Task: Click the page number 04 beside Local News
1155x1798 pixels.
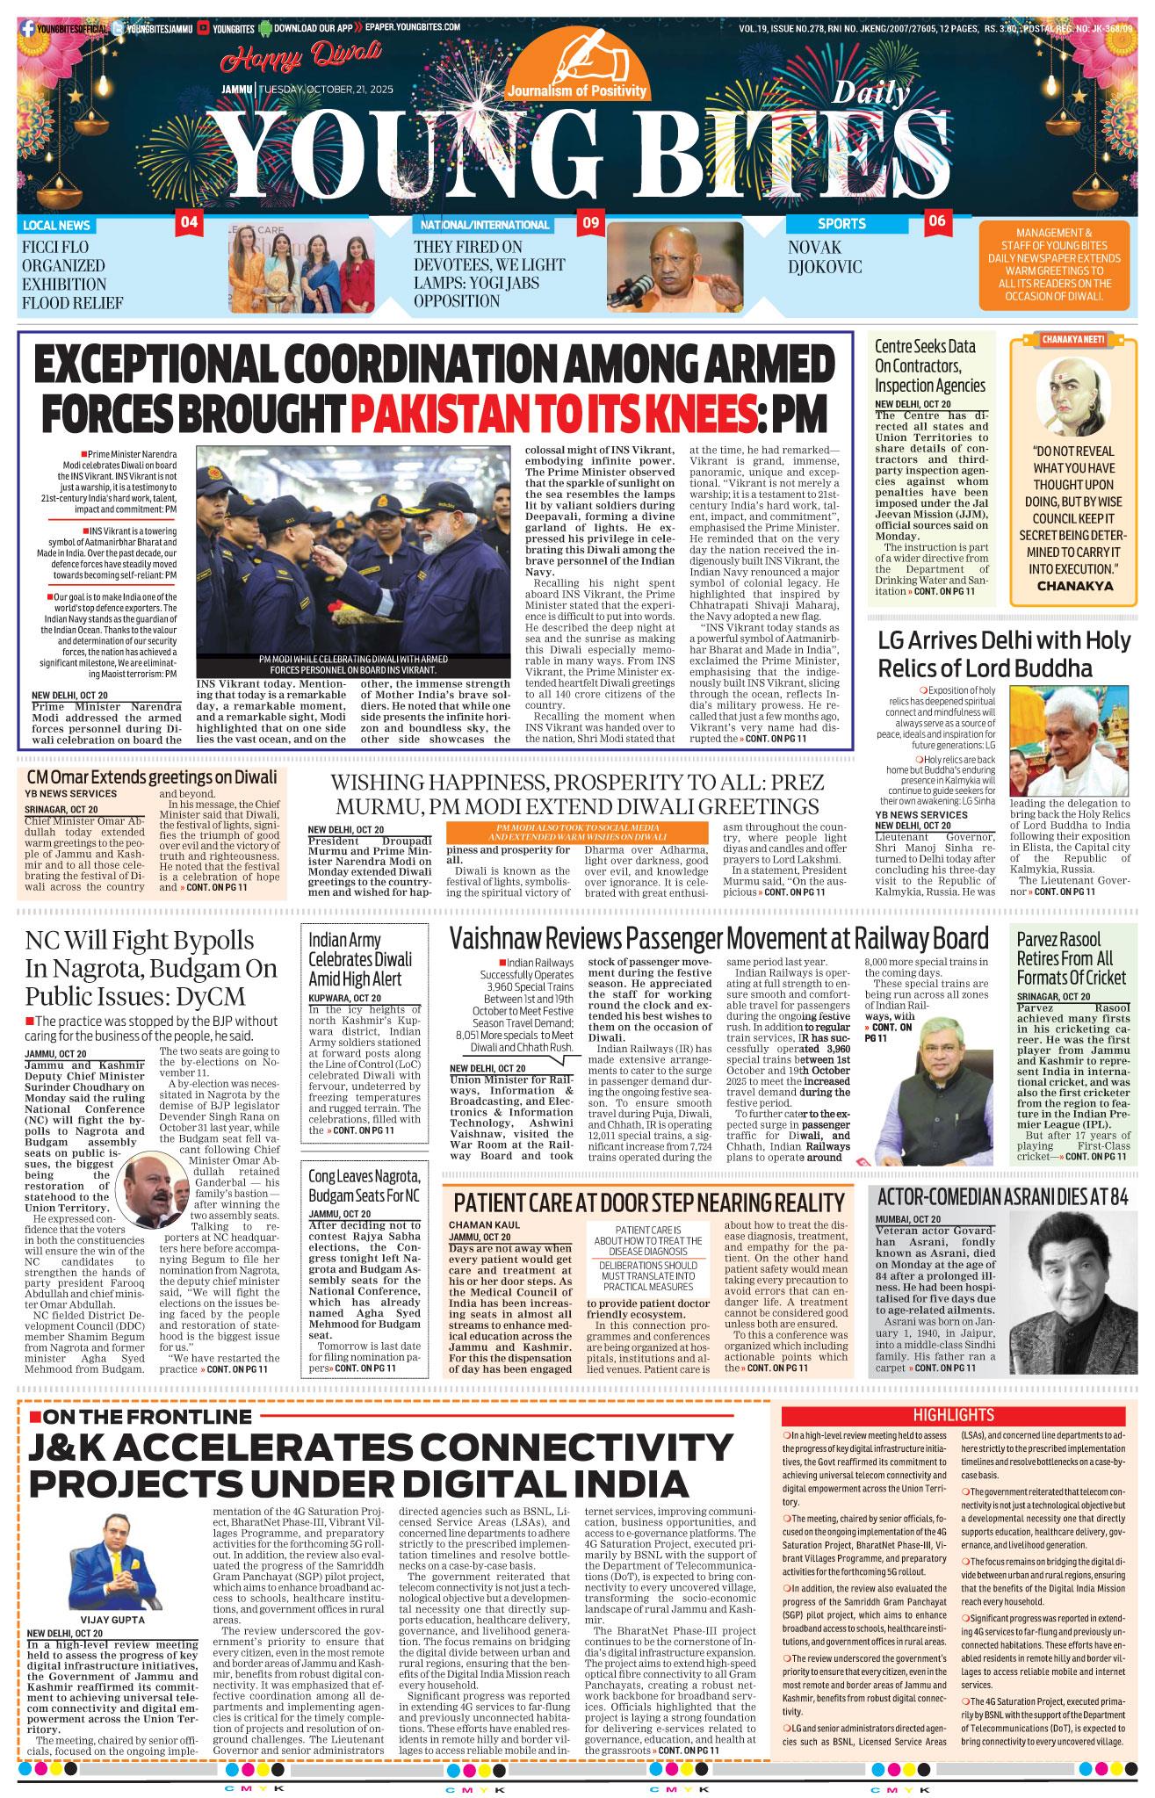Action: (189, 222)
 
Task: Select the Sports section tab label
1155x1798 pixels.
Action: (841, 224)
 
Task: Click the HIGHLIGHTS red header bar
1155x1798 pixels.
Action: (953, 1415)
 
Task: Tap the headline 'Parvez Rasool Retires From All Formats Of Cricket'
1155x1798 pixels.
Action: (1071, 958)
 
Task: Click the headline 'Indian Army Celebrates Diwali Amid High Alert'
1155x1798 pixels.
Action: (355, 959)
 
